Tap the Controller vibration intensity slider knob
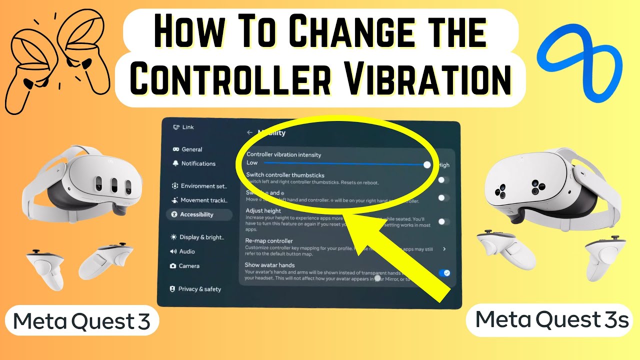(x=426, y=164)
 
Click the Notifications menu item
(x=198, y=163)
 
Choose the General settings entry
(x=191, y=149)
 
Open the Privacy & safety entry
(x=199, y=289)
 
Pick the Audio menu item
(x=186, y=251)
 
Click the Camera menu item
(x=189, y=266)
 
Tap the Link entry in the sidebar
(x=187, y=127)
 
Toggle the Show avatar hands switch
(x=443, y=272)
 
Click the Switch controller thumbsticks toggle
(x=443, y=179)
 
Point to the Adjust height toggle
(x=443, y=221)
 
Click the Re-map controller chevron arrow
(x=444, y=248)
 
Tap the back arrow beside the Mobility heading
(x=249, y=132)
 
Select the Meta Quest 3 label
(x=81, y=320)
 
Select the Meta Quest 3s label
(x=551, y=319)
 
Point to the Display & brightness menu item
(x=201, y=237)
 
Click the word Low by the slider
(x=252, y=163)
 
